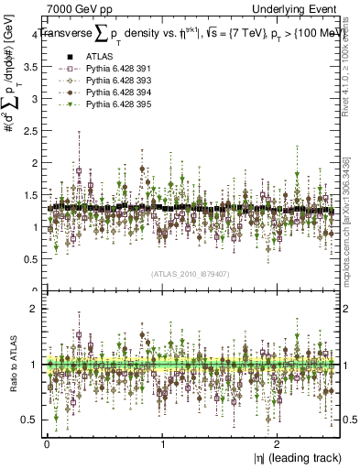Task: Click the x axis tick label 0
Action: [46, 444]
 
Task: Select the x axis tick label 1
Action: [162, 444]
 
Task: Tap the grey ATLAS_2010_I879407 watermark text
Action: [191, 273]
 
